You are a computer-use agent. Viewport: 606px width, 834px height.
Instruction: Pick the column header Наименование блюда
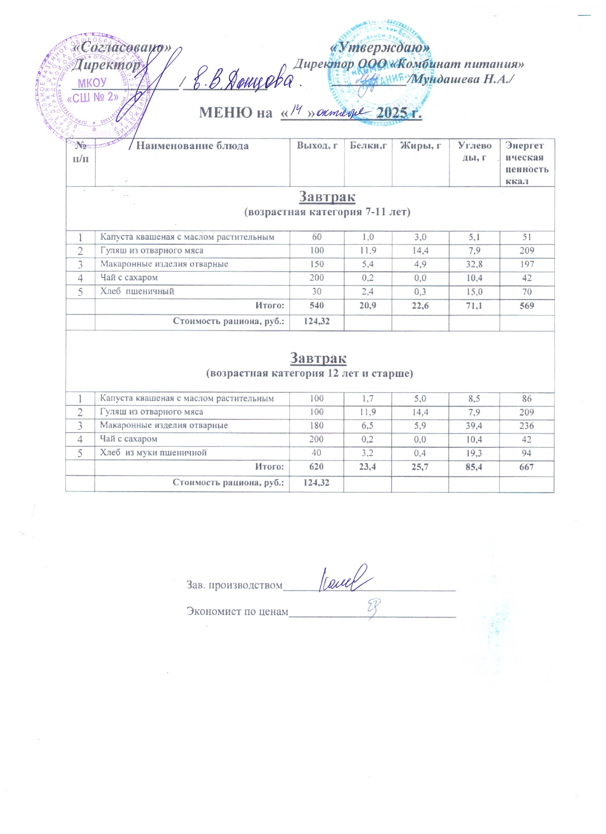[x=192, y=146]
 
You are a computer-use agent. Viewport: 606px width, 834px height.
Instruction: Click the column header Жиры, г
[x=420, y=146]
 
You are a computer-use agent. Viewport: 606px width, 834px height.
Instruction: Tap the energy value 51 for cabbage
[x=527, y=237]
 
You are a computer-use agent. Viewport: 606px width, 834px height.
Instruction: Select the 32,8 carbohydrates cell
[x=474, y=264]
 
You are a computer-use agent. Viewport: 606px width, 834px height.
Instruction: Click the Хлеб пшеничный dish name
[x=137, y=292]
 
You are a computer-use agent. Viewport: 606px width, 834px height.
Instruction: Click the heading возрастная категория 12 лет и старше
[x=309, y=374]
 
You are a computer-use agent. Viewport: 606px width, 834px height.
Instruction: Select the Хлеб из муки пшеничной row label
[x=153, y=453]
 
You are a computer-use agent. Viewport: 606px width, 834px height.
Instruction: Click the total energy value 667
[x=527, y=467]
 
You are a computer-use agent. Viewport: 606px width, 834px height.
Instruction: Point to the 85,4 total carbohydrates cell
[x=474, y=467]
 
